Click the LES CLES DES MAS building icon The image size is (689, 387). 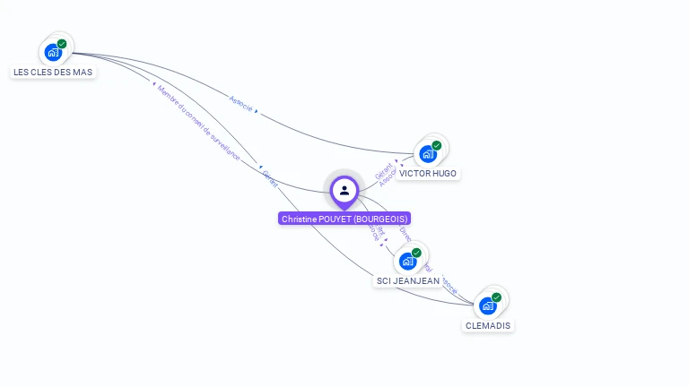pos(53,52)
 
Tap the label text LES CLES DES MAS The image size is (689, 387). pos(53,72)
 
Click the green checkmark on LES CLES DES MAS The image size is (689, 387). pos(62,44)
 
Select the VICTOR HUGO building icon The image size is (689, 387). pos(428,153)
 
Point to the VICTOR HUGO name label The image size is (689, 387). pos(428,173)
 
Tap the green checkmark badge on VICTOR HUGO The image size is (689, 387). pos(437,145)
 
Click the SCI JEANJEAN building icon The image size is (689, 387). pos(408,261)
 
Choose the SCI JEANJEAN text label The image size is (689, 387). pos(408,280)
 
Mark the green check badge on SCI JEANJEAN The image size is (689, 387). pos(417,253)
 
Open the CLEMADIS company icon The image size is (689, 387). pos(488,305)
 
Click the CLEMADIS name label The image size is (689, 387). pos(488,325)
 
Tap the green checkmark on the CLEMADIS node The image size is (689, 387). pos(497,297)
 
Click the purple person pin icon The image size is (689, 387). pos(344,190)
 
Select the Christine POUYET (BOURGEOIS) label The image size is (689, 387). pos(344,219)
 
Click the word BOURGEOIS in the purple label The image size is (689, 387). pos(380,219)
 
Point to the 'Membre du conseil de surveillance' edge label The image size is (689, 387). pos(198,123)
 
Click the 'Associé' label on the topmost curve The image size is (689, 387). pos(240,103)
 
